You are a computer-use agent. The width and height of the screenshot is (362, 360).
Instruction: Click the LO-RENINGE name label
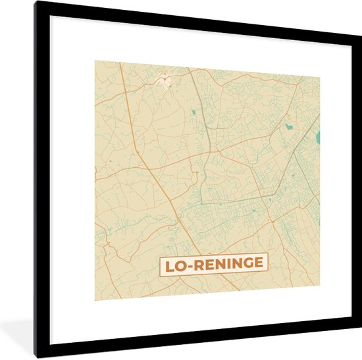213,265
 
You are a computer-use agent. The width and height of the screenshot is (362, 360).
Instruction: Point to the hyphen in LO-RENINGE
190,266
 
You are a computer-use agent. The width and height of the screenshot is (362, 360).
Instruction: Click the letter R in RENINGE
198,265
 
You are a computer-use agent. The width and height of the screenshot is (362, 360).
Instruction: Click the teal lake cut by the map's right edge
318,138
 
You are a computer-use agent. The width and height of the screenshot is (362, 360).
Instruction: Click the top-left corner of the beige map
95,61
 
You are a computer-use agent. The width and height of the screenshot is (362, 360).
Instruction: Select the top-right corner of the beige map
320,76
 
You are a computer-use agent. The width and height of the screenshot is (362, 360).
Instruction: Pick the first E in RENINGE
208,265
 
